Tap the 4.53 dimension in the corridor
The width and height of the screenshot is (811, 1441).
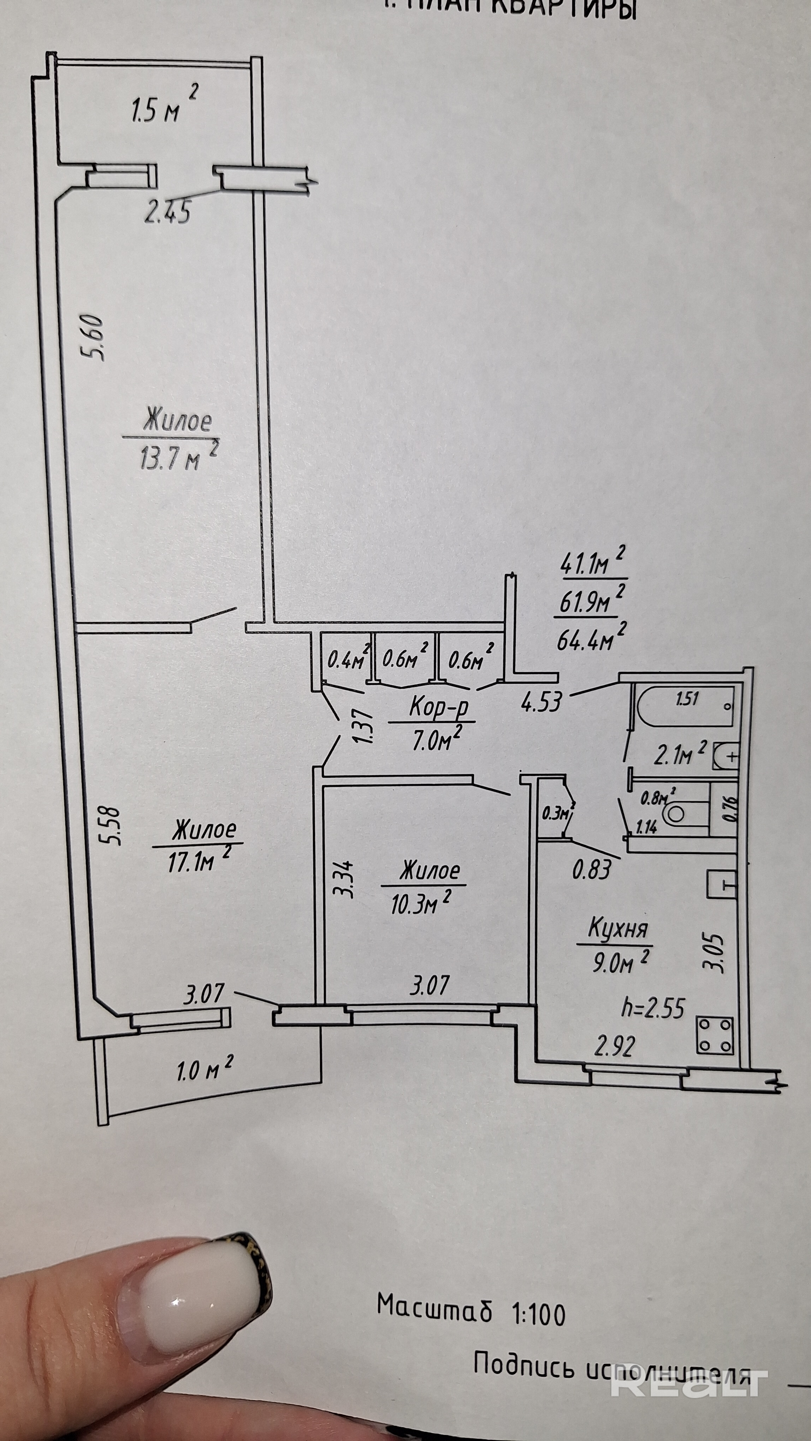[x=540, y=702]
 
